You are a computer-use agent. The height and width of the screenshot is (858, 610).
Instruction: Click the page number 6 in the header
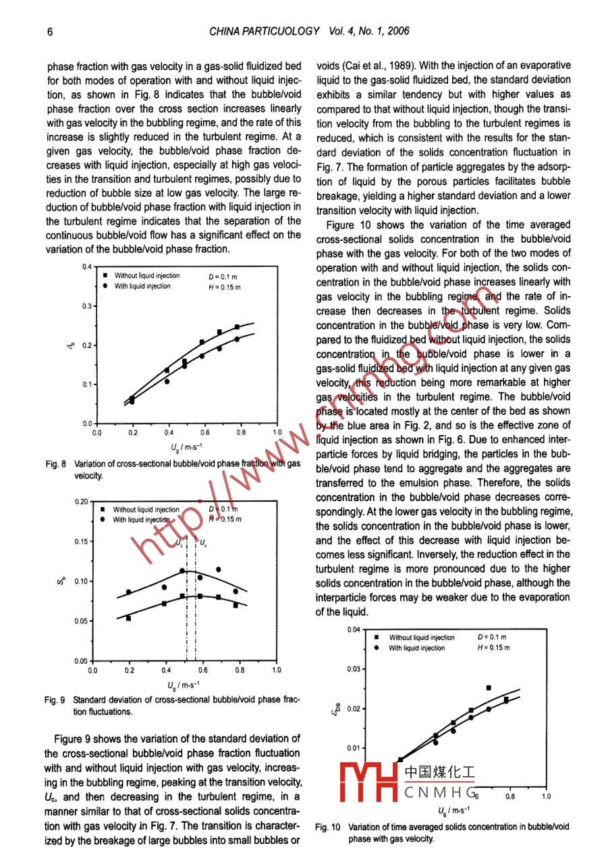click(x=50, y=32)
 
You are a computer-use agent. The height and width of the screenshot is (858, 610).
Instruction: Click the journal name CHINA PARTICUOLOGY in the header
click(x=265, y=32)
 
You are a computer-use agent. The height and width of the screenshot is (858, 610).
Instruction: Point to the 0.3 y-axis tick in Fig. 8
click(x=86, y=307)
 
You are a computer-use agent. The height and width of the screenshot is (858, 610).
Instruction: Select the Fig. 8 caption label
click(x=55, y=464)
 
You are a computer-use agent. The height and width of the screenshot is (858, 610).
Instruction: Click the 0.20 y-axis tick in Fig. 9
click(x=81, y=502)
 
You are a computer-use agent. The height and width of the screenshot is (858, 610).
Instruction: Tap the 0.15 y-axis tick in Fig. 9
click(x=81, y=542)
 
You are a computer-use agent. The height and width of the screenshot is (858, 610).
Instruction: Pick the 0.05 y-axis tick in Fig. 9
click(x=81, y=621)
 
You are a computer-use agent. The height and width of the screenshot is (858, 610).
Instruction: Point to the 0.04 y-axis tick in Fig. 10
click(x=354, y=630)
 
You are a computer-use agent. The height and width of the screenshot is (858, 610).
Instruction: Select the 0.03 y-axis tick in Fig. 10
click(x=354, y=669)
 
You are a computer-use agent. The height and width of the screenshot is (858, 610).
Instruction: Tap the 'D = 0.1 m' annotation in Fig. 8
click(x=223, y=277)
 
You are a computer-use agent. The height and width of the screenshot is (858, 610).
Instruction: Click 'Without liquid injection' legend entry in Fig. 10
click(x=421, y=637)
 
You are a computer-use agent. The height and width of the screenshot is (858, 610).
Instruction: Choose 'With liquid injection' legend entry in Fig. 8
click(x=142, y=286)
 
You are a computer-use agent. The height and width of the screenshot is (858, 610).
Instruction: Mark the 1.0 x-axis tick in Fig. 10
click(x=546, y=797)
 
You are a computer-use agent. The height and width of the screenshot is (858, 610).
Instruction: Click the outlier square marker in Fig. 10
click(x=489, y=688)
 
